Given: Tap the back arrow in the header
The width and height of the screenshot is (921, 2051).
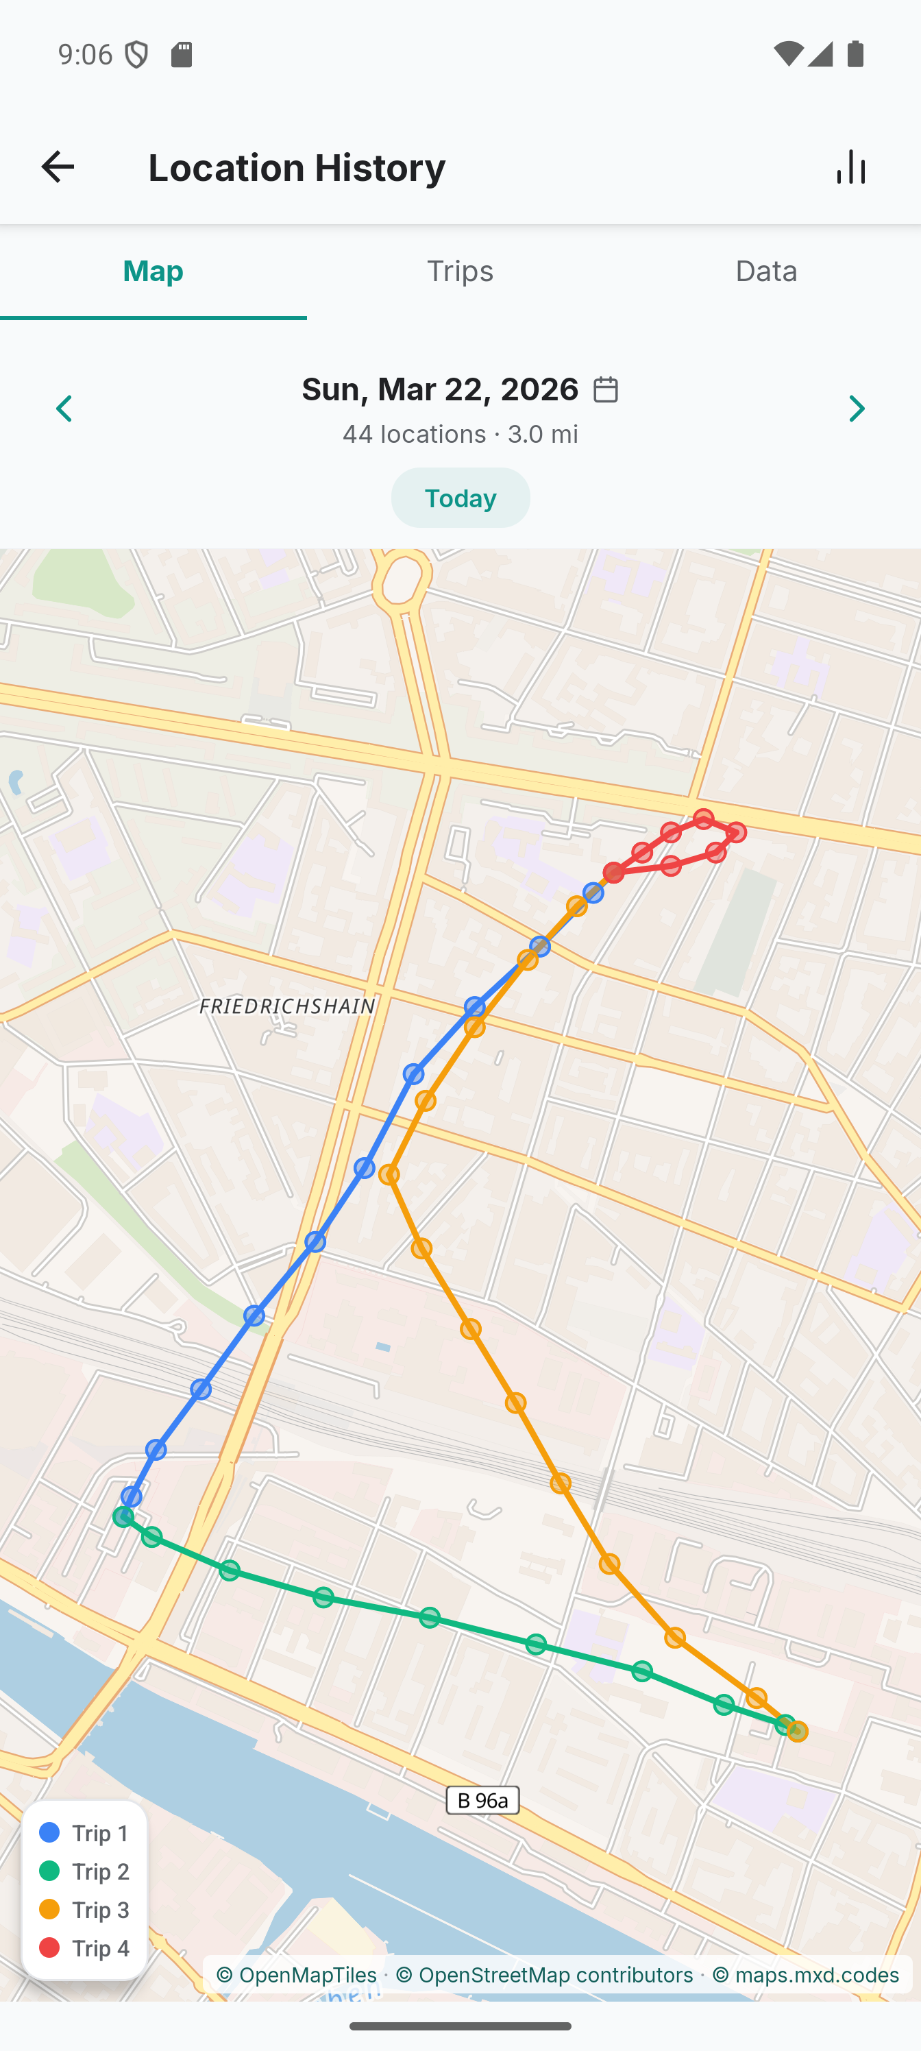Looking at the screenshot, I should [58, 167].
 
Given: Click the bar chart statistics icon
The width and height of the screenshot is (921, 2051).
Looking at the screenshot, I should [851, 167].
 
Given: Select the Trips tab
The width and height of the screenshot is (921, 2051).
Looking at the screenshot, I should [460, 271].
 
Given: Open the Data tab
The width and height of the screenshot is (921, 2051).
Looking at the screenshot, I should [765, 271].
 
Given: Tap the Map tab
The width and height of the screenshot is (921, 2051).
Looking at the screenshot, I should [153, 271].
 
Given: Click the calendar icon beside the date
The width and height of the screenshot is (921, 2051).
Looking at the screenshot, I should [606, 389].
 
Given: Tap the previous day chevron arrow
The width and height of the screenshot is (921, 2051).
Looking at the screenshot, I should [64, 409].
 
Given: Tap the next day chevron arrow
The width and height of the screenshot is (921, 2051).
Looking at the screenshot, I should [857, 409].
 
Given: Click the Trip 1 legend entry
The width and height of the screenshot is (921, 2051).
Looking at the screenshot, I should [84, 1833].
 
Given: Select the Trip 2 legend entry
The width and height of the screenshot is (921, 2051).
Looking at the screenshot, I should [84, 1871].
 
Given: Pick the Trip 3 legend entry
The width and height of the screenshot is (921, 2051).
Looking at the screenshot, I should [84, 1909].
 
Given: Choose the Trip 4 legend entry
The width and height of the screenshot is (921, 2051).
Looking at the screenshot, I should [84, 1947].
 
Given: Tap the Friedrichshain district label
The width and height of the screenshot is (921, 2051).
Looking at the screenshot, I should [286, 1006].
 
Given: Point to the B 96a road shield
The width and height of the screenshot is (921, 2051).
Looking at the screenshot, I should [482, 1799].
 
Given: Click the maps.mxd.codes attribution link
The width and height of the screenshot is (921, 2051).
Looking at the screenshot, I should [806, 1974].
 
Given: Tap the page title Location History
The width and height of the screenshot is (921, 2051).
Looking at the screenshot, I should [297, 167].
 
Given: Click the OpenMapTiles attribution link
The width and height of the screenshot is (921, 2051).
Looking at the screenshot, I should [296, 1974].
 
